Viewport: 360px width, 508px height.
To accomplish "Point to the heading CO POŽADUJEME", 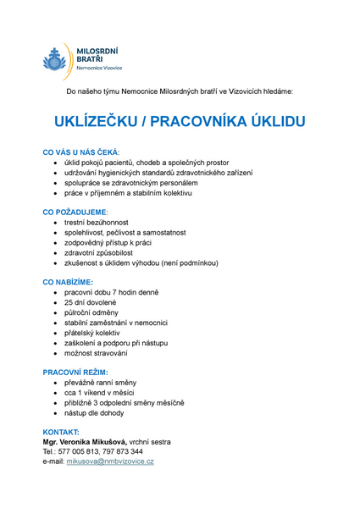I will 75,211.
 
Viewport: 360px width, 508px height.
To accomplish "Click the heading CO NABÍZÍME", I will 68,281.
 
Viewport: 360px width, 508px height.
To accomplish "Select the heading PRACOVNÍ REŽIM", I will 75,372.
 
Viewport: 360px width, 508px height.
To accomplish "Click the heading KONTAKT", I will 61,431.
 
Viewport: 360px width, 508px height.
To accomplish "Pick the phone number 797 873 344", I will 125,451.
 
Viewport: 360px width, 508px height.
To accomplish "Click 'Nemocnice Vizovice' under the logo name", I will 100,67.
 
